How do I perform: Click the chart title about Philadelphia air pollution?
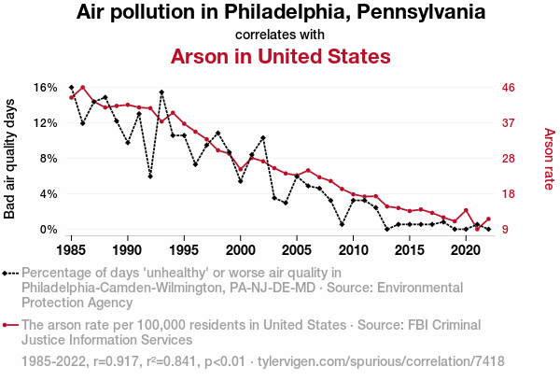[280, 13]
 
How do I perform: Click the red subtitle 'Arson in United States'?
[280, 56]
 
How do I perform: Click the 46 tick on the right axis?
[510, 88]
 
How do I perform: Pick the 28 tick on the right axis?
[510, 159]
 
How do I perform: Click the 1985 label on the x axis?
[72, 250]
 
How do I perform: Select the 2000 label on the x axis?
[241, 250]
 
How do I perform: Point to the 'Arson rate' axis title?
[548, 159]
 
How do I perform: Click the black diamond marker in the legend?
[8, 273]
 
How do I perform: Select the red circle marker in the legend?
[8, 325]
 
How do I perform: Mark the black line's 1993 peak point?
[161, 92]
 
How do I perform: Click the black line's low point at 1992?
[150, 176]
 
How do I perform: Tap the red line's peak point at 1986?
[83, 88]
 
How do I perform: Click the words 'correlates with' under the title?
[280, 35]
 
